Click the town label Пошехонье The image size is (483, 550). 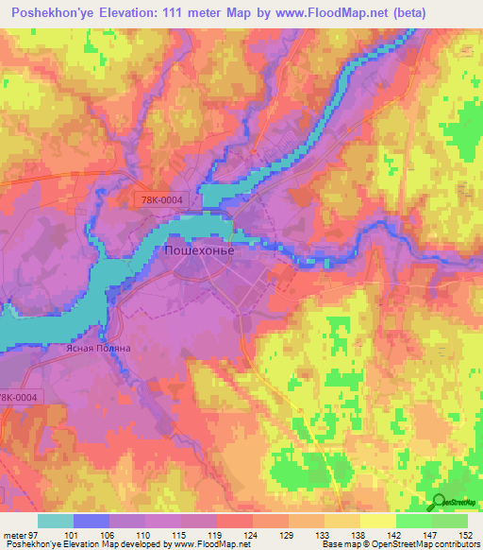(x=199, y=252)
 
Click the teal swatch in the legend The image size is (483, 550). (x=56, y=521)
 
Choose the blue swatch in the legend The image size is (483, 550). (x=92, y=521)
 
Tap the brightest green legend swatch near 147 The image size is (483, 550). (x=414, y=521)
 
